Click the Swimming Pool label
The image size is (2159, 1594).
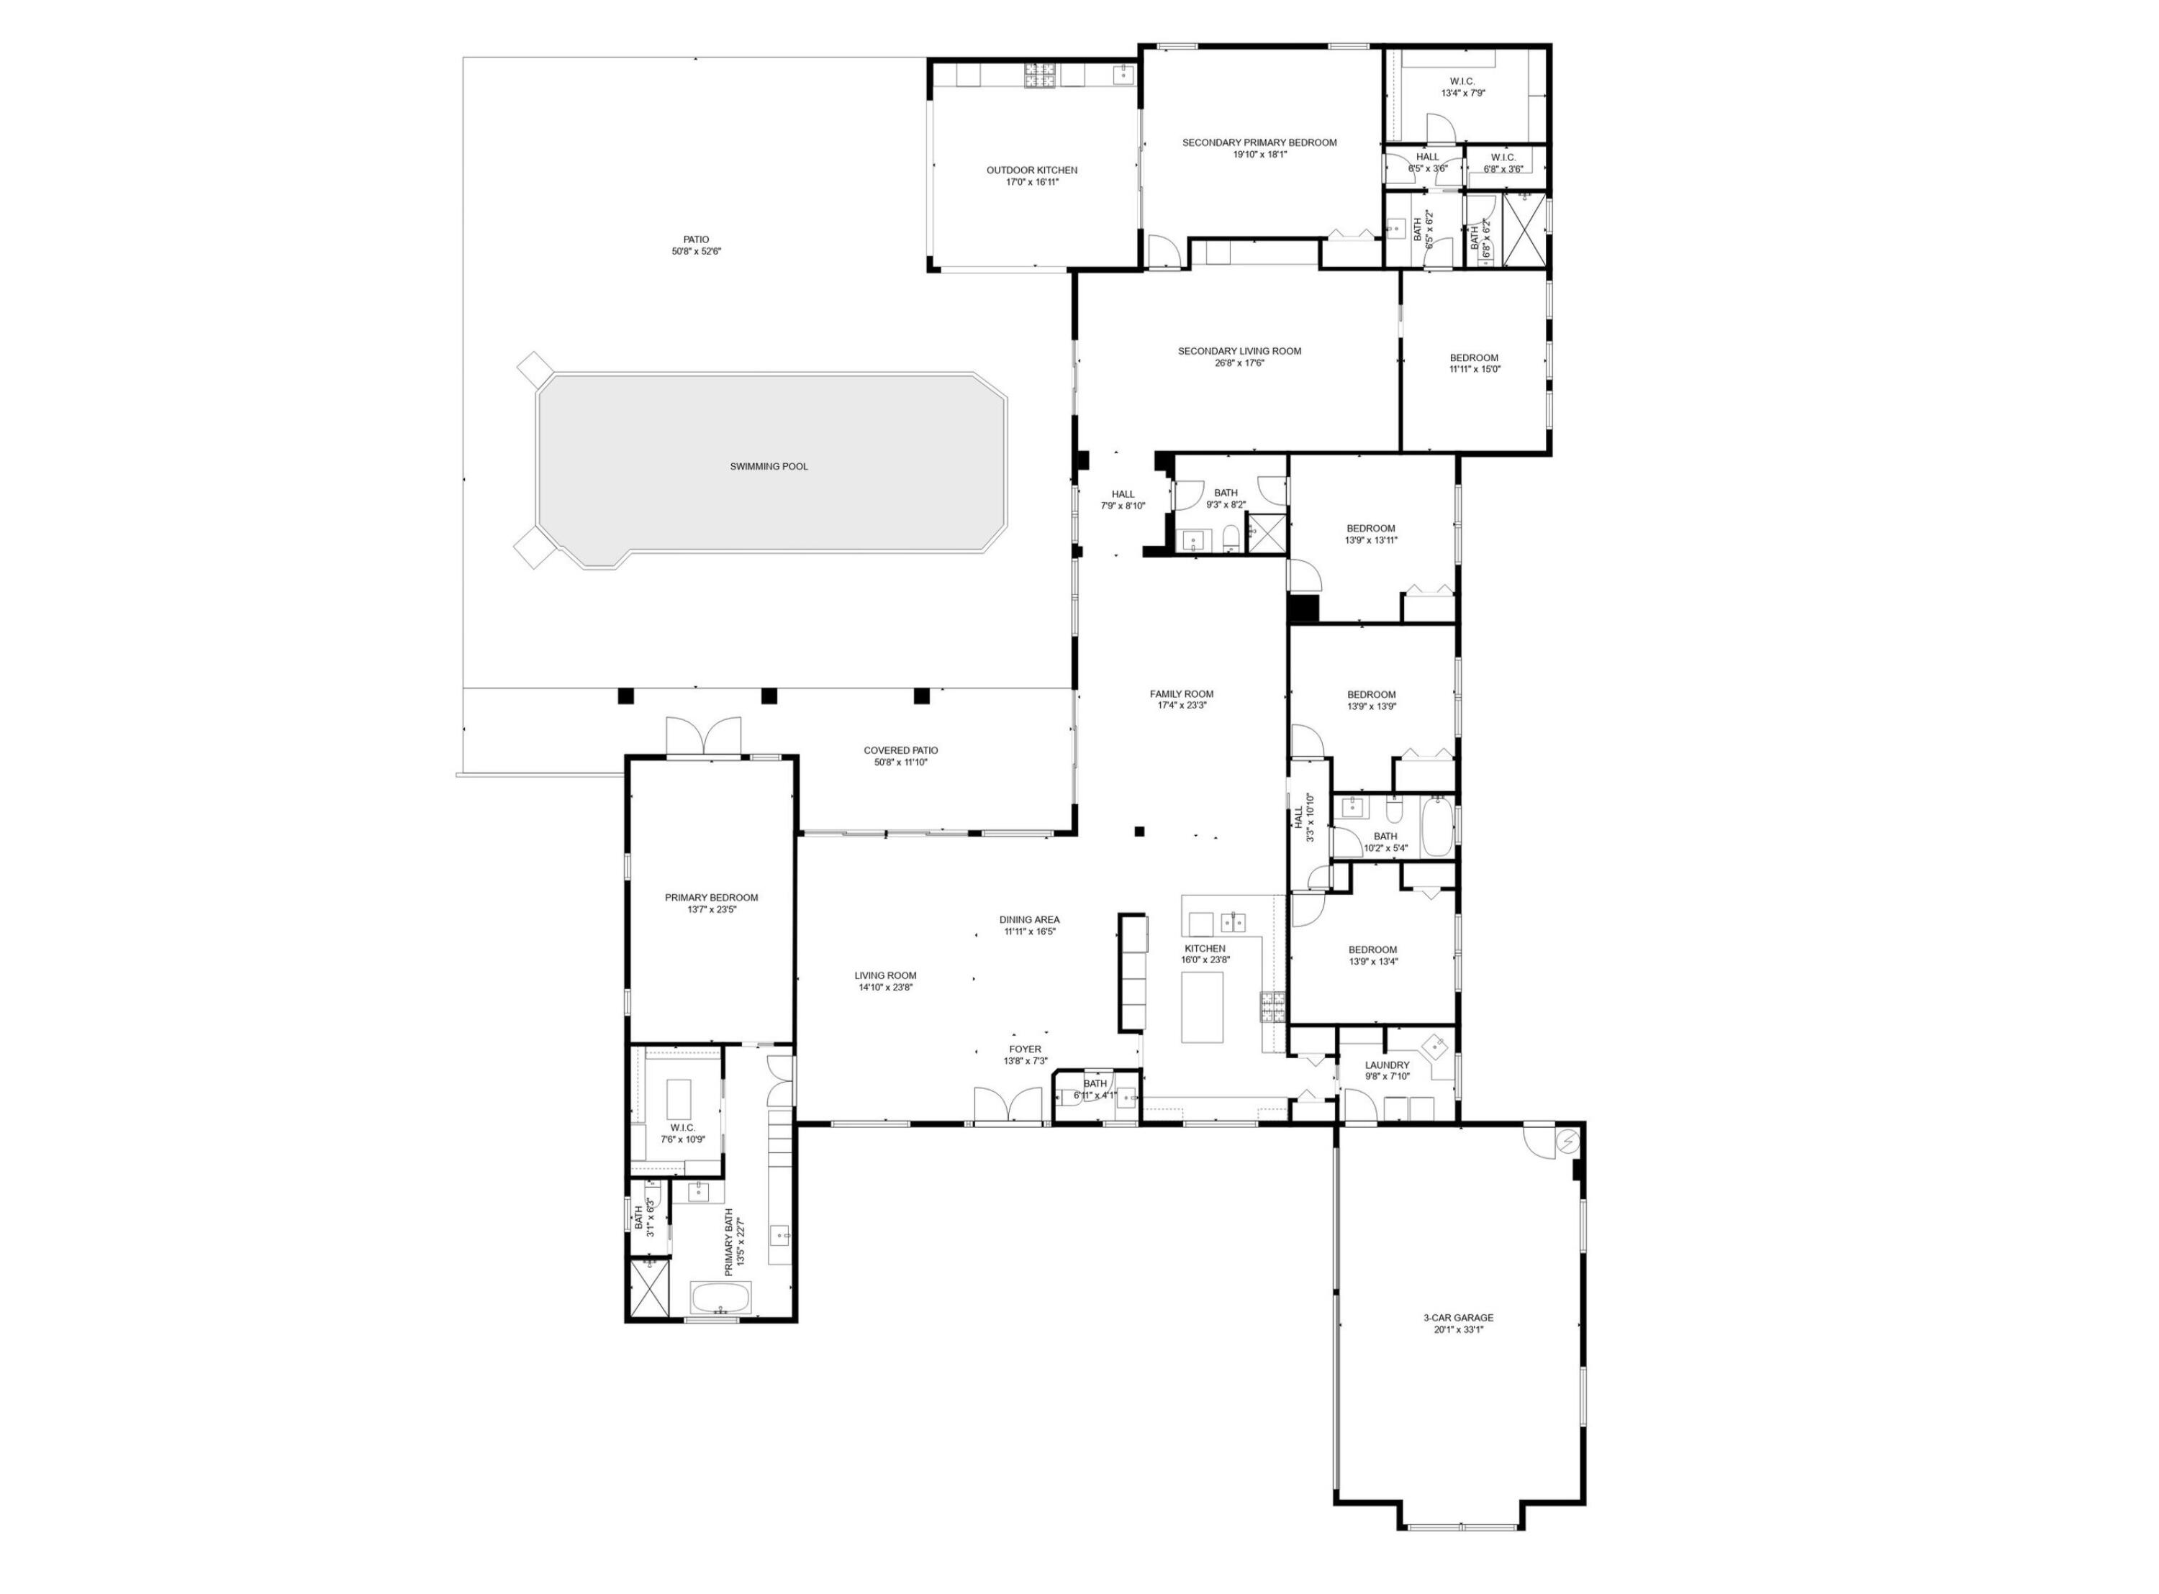pos(769,466)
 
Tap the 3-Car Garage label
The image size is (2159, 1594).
pos(1457,1317)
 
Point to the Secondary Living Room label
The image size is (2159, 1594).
pos(1239,351)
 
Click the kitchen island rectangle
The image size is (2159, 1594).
pos(1203,1006)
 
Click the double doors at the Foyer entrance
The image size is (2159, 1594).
pos(1008,1105)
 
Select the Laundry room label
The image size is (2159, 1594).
pos(1387,1065)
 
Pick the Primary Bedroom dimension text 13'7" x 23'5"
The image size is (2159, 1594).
pos(711,909)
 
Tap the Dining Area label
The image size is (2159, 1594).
pos(1029,919)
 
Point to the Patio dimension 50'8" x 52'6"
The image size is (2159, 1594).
pos(696,252)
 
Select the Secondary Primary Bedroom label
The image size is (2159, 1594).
pos(1259,143)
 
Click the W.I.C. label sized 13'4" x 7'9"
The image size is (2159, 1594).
pos(1462,81)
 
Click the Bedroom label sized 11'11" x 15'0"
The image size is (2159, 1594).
pos(1474,358)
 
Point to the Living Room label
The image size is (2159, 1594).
pos(885,975)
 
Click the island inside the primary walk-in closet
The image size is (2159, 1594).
pos(679,1098)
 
